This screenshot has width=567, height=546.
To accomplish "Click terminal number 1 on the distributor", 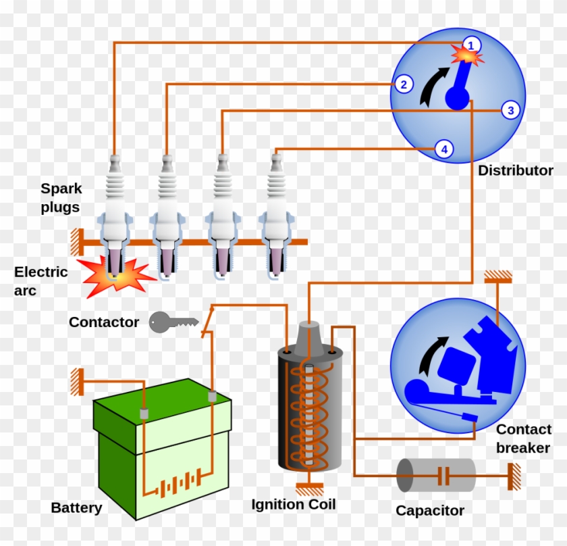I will [473, 45].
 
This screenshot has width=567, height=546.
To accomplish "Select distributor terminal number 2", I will [403, 84].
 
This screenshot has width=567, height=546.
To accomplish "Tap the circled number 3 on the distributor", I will [510, 110].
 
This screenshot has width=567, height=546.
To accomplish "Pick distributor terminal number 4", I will [443, 149].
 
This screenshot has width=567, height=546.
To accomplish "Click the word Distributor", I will [515, 171].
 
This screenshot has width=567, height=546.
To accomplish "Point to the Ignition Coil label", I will [293, 504].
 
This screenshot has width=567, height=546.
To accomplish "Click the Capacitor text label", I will [430, 510].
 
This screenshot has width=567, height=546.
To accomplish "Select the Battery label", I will [76, 507].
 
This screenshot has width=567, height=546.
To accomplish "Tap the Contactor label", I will [104, 322].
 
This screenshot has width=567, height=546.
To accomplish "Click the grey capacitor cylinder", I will [435, 475].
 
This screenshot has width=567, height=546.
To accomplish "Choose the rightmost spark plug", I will [276, 216].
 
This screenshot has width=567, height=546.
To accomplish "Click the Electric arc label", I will [40, 281].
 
